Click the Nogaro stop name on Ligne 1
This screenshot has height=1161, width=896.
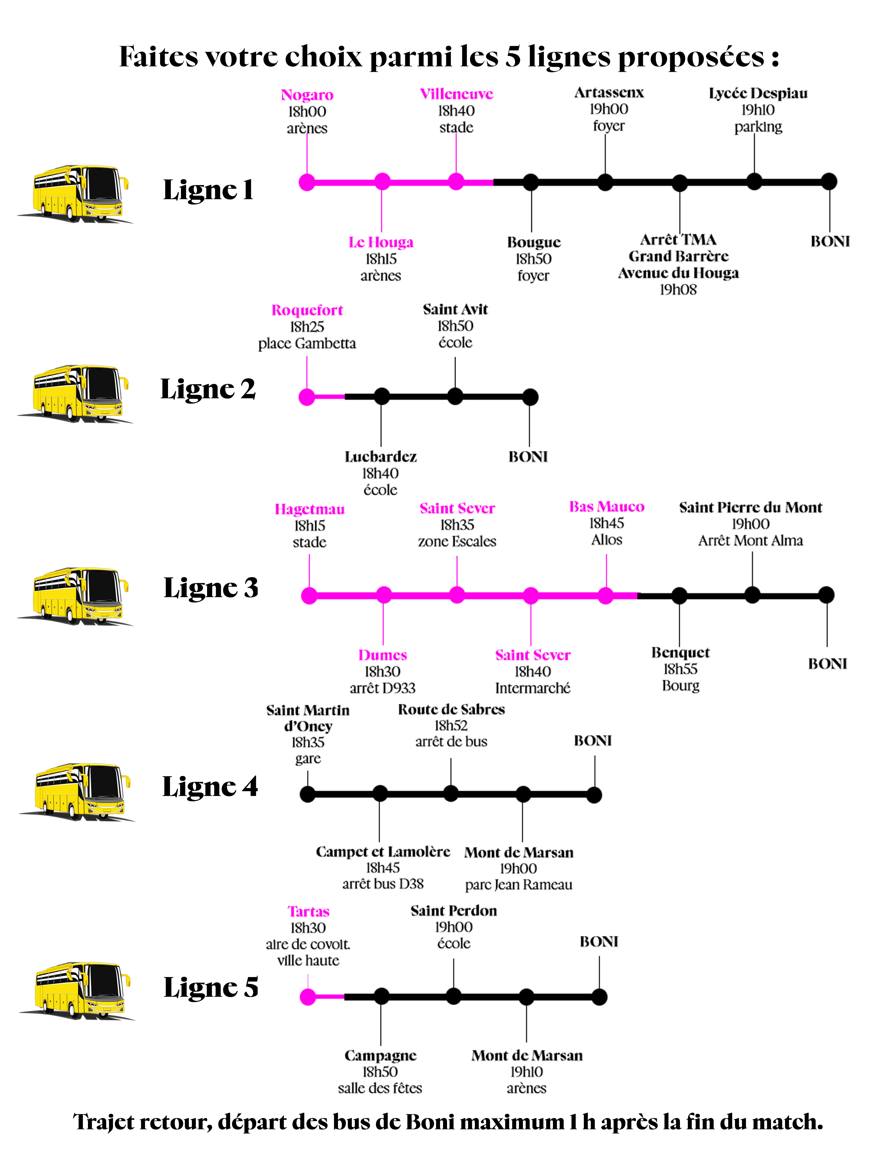307,95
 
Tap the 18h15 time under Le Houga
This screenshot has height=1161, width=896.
381,259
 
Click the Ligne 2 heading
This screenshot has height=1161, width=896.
208,389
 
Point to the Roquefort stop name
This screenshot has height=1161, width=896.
307,310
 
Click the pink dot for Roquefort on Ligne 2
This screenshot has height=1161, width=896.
307,397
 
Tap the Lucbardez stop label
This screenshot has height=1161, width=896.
380,457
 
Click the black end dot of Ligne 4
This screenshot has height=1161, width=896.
594,795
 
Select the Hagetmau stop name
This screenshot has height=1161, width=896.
309,509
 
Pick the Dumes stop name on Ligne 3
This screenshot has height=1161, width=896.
382,655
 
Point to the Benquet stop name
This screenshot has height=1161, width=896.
680,653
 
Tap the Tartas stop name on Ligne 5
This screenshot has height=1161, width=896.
309,912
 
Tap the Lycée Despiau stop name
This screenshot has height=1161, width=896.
758,94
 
